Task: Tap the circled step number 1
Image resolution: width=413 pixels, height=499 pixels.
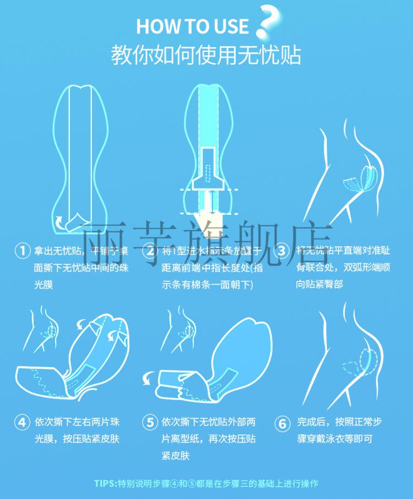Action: (21, 251)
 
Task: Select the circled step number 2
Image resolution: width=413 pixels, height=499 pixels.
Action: (149, 251)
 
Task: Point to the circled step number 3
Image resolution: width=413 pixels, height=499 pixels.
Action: (281, 251)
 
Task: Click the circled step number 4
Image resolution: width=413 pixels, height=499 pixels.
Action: (21, 423)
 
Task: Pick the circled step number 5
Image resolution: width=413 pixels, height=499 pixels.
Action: (149, 423)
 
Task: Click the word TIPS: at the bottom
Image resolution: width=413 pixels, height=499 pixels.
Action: (106, 484)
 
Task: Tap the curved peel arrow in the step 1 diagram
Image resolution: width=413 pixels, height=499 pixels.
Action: (58, 221)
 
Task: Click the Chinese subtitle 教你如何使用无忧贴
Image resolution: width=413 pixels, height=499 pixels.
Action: (206, 56)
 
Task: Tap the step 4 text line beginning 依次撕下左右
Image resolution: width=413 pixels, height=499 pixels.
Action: (77, 422)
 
